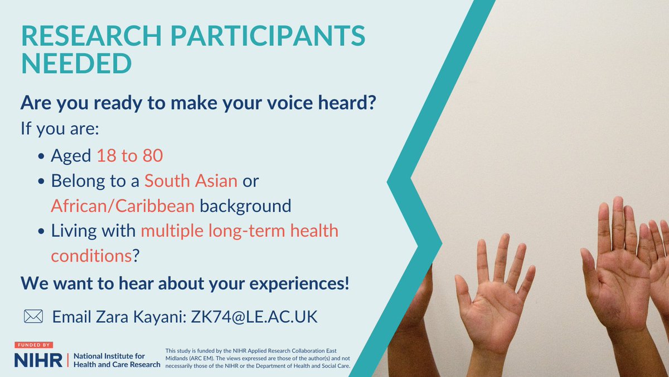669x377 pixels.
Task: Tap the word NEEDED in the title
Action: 76,64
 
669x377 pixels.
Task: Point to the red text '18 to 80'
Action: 130,156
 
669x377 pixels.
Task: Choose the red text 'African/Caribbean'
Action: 123,206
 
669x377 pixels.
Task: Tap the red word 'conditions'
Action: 91,255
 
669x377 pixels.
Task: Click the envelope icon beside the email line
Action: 33,317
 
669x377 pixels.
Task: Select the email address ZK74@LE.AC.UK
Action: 254,317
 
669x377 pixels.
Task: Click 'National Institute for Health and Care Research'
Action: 117,360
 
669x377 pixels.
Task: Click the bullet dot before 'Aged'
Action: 42,157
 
